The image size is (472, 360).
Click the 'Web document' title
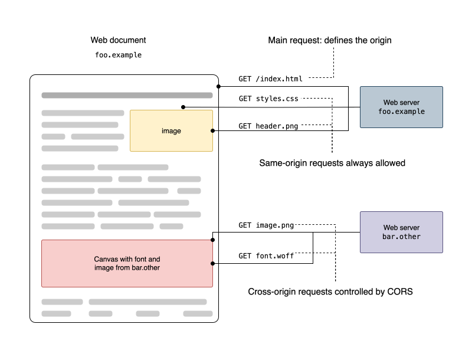point(118,40)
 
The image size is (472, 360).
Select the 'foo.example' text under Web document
point(118,55)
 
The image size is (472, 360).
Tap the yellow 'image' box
point(171,130)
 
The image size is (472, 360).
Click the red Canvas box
point(127,263)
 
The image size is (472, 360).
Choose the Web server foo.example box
point(401,107)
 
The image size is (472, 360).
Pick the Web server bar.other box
point(401,232)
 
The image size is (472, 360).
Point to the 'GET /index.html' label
point(270,78)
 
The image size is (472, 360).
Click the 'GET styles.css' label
point(268,99)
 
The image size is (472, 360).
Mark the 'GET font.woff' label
point(266,256)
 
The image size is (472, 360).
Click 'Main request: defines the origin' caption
point(330,40)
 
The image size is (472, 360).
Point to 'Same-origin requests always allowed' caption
point(332,163)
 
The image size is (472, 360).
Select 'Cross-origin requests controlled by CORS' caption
point(330,292)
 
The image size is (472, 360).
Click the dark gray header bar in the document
point(127,95)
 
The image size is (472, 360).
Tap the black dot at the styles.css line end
point(183,107)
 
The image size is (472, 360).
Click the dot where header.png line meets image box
point(212,130)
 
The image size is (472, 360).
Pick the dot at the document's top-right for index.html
point(218,87)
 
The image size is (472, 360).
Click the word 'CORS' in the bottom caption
point(401,292)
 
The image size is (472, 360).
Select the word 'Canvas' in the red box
point(106,259)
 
